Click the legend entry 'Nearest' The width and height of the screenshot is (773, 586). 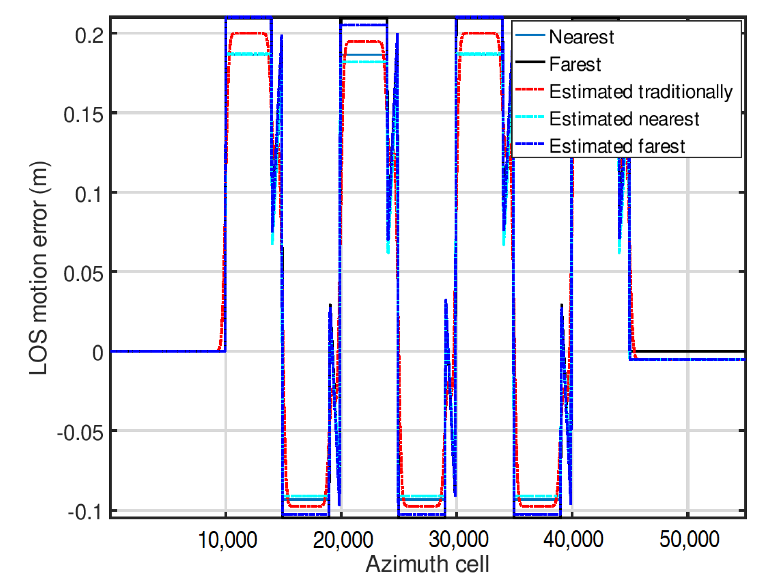[x=581, y=37]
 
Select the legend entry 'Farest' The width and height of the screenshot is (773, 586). [x=575, y=64]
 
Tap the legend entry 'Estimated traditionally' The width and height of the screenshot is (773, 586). [x=640, y=92]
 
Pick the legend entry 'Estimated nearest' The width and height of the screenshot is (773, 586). [x=624, y=119]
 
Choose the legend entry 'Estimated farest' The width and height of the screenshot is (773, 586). [x=617, y=146]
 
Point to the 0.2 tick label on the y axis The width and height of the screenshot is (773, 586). [x=89, y=36]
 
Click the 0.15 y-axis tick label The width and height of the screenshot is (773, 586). [x=83, y=115]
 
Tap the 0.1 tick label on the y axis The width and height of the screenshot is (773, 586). [x=89, y=194]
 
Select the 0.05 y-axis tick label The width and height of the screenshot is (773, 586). [x=83, y=274]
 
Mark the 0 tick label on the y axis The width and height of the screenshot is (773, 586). [x=98, y=353]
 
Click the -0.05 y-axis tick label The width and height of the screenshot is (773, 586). [x=81, y=433]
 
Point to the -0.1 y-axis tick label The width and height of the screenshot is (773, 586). [x=86, y=512]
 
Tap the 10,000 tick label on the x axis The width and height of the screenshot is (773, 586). [x=227, y=540]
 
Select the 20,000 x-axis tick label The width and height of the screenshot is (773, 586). [x=343, y=540]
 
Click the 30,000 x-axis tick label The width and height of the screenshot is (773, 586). [x=458, y=540]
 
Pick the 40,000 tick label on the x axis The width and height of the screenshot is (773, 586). [x=573, y=540]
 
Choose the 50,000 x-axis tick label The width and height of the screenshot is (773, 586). [x=689, y=540]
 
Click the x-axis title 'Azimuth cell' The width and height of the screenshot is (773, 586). [x=427, y=564]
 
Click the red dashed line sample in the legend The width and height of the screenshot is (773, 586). [x=530, y=90]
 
